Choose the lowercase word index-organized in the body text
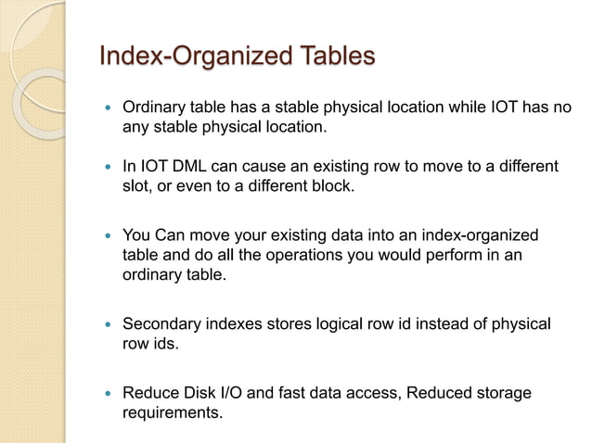coord(473,235)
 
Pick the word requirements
coord(173,412)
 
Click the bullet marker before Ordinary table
coord(108,108)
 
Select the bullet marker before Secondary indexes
coord(108,324)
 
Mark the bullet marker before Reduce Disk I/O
coord(108,394)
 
